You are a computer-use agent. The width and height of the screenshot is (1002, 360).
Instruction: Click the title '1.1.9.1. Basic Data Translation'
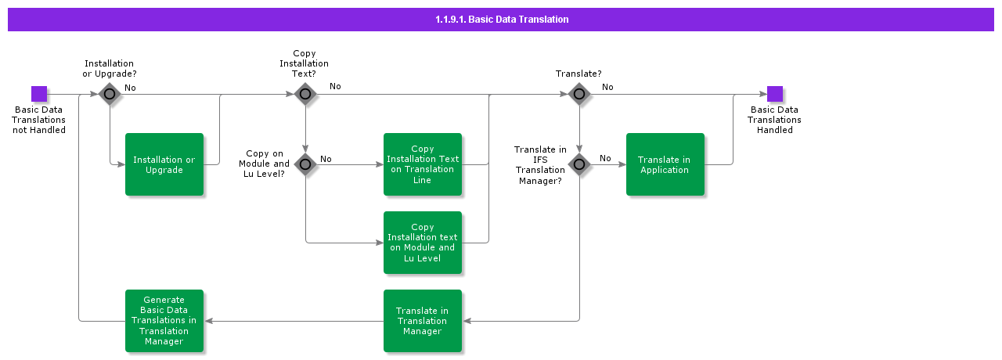click(501, 19)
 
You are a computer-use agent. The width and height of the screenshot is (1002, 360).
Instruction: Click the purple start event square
click(39, 94)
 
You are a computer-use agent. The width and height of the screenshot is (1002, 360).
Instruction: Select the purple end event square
click(775, 94)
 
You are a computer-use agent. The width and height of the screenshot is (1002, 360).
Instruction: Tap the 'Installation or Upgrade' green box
click(164, 164)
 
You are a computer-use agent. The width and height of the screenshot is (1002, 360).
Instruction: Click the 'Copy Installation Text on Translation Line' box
click(423, 164)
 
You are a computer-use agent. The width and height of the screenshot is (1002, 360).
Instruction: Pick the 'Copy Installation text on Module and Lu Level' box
click(423, 243)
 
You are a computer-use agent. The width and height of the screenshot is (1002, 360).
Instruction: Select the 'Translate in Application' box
click(665, 164)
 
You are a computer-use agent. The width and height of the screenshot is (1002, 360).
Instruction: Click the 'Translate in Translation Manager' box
click(423, 321)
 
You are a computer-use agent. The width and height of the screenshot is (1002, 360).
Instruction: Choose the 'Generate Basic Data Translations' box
click(164, 321)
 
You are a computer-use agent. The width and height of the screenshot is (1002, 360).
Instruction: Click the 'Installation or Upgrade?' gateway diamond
click(110, 94)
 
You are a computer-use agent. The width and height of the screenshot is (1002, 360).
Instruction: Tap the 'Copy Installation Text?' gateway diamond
click(305, 94)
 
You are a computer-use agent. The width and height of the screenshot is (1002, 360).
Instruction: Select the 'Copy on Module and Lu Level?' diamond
click(305, 164)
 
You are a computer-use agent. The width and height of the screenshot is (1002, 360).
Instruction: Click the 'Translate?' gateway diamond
click(579, 94)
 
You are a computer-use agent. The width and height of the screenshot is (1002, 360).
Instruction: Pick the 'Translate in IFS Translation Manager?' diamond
click(579, 164)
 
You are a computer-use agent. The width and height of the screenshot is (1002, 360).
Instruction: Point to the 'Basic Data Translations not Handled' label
click(39, 120)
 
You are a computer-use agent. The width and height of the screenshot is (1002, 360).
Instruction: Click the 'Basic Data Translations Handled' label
click(774, 120)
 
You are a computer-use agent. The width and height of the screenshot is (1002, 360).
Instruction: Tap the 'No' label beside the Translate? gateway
click(607, 87)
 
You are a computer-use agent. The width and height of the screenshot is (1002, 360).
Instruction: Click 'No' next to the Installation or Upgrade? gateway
click(130, 88)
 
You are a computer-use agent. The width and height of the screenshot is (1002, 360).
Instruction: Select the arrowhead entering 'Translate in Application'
click(622, 164)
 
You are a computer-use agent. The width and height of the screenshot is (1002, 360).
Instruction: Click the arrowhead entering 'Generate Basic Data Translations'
click(208, 321)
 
